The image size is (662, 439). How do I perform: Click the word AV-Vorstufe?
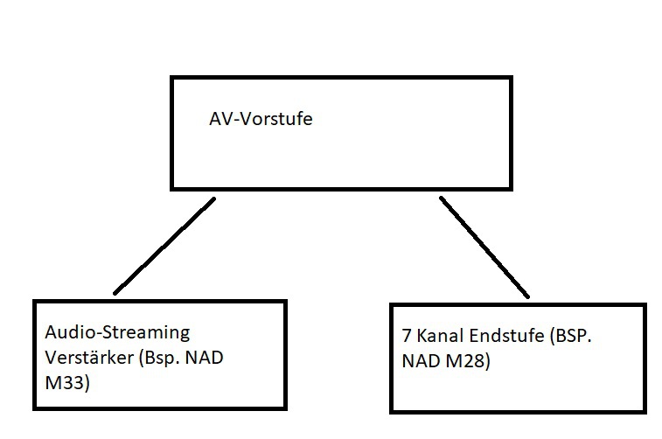pos(260,120)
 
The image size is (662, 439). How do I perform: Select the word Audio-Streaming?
pos(117,332)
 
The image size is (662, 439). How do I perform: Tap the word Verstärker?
pos(83,358)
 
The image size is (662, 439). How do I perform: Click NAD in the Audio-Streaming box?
pos(212,358)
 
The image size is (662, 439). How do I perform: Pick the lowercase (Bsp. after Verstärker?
pos(157,358)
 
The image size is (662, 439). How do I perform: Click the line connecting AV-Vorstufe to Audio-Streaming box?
pos(164,247)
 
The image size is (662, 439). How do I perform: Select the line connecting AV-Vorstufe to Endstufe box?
pos(484,247)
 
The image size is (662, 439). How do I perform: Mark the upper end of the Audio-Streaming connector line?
pos(213,200)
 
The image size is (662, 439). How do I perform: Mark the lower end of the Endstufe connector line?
pos(527,296)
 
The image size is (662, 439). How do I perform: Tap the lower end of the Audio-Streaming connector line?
pos(115,292)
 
